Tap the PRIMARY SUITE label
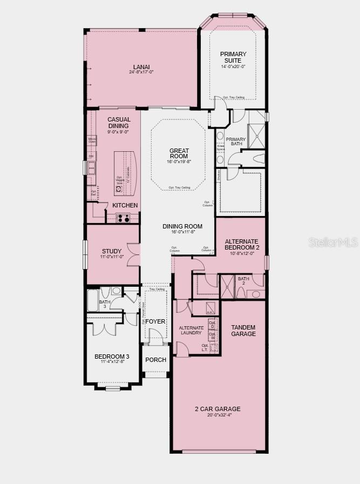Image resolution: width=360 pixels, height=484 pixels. [x=233, y=57]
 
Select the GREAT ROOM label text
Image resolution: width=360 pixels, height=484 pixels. [x=179, y=154]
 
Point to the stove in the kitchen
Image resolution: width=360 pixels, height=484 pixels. [x=123, y=218]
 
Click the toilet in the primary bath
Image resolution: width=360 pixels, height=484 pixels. [x=259, y=159]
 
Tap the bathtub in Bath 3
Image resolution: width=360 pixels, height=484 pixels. [x=92, y=300]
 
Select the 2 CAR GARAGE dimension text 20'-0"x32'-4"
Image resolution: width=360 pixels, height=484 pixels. [x=218, y=415]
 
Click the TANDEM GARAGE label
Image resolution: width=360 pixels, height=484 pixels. [x=243, y=331]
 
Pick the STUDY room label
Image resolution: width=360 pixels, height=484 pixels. [x=112, y=251]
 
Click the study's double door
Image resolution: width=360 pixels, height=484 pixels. [x=133, y=254]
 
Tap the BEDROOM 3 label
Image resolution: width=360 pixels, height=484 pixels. [x=112, y=357]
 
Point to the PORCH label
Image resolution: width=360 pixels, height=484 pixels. [x=156, y=360]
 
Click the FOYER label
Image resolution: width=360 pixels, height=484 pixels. [x=155, y=321]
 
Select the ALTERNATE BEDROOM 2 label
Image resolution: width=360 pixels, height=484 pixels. [x=242, y=245]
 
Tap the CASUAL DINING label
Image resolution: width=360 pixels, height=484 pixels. [x=118, y=123]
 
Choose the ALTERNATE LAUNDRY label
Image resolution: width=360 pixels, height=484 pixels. [x=192, y=331]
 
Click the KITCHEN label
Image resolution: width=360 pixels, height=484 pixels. [x=125, y=206]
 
